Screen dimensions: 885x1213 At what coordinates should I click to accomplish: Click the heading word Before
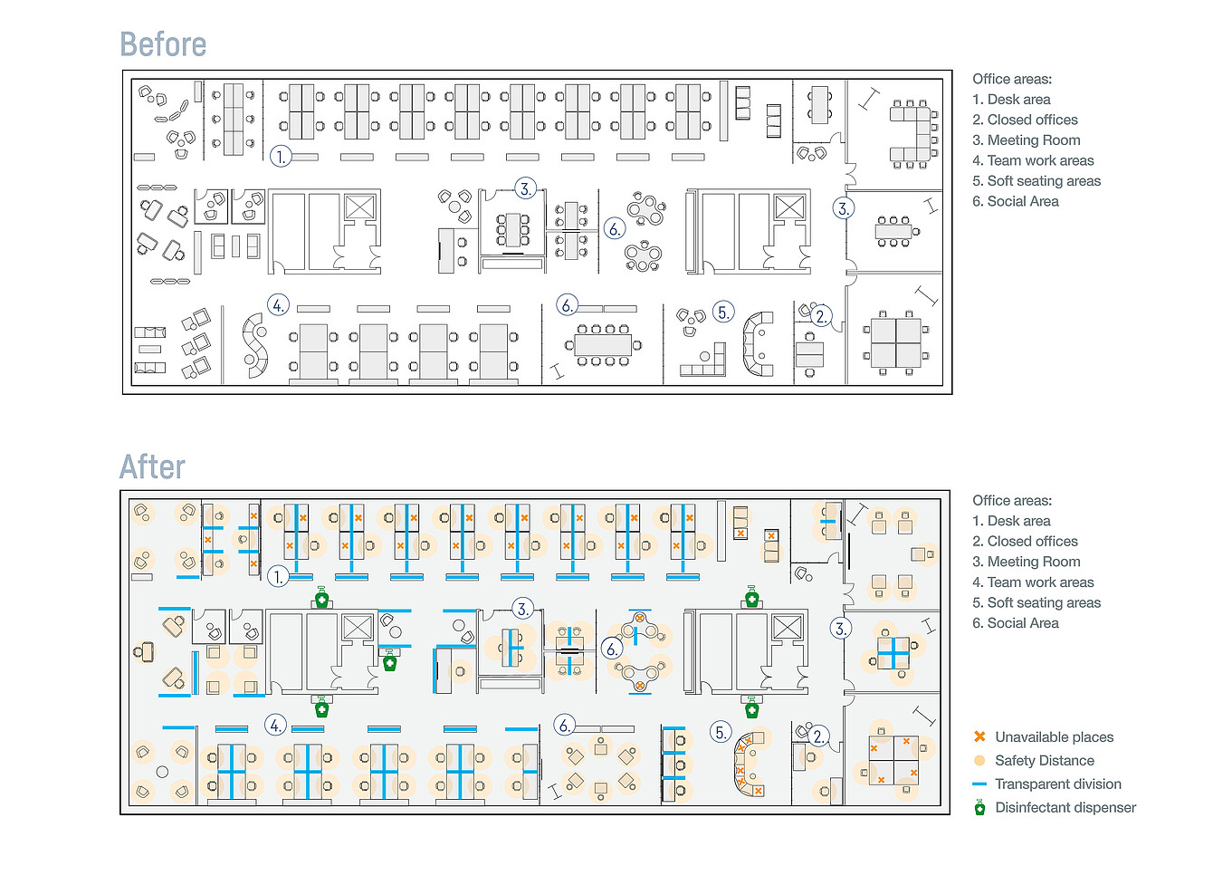[x=163, y=44]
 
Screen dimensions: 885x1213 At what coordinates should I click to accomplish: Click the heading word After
[x=152, y=467]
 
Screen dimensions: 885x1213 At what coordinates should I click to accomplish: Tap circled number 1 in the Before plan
[x=281, y=156]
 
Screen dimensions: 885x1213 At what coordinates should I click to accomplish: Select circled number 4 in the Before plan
[x=278, y=305]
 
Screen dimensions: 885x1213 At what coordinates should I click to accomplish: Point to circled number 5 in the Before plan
[x=722, y=313]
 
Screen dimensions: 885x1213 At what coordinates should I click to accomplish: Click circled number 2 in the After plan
[x=817, y=736]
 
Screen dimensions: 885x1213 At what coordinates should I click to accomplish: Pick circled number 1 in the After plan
[x=278, y=576]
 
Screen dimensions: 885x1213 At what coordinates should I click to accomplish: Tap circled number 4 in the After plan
[x=275, y=725]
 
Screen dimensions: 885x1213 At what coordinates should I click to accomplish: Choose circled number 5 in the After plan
[x=721, y=732]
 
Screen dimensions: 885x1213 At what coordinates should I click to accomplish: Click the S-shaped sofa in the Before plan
[x=256, y=345]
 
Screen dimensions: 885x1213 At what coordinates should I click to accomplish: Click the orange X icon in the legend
[x=979, y=736]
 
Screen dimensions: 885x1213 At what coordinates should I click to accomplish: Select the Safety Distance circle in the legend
[x=979, y=761]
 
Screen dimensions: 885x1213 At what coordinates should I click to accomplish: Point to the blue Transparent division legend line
[x=979, y=784]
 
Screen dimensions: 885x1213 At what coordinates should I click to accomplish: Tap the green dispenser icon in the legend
[x=979, y=808]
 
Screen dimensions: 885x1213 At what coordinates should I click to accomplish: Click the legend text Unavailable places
[x=1054, y=737]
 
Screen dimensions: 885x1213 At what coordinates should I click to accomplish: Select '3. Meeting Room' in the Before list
[x=1026, y=140]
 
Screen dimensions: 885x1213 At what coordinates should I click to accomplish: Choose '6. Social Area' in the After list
[x=1015, y=623]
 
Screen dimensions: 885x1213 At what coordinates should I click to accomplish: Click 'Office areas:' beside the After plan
[x=1011, y=500]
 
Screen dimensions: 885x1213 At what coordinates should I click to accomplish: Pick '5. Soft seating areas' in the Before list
[x=1036, y=181]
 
